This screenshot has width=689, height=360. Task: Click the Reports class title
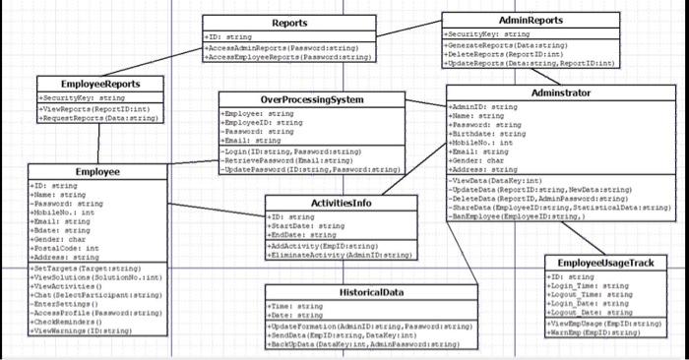point(288,23)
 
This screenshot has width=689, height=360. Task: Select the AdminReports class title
point(531,20)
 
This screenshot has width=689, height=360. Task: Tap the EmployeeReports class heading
point(87,85)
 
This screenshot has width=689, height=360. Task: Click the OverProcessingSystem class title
point(312,100)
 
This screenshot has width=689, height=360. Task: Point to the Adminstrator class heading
point(560,92)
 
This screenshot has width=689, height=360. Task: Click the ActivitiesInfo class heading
point(341,203)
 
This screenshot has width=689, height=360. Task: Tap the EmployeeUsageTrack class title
point(604,264)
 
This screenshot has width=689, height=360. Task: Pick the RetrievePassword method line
point(290,161)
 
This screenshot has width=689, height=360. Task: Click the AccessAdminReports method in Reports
point(285,47)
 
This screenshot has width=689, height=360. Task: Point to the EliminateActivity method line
point(340,254)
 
